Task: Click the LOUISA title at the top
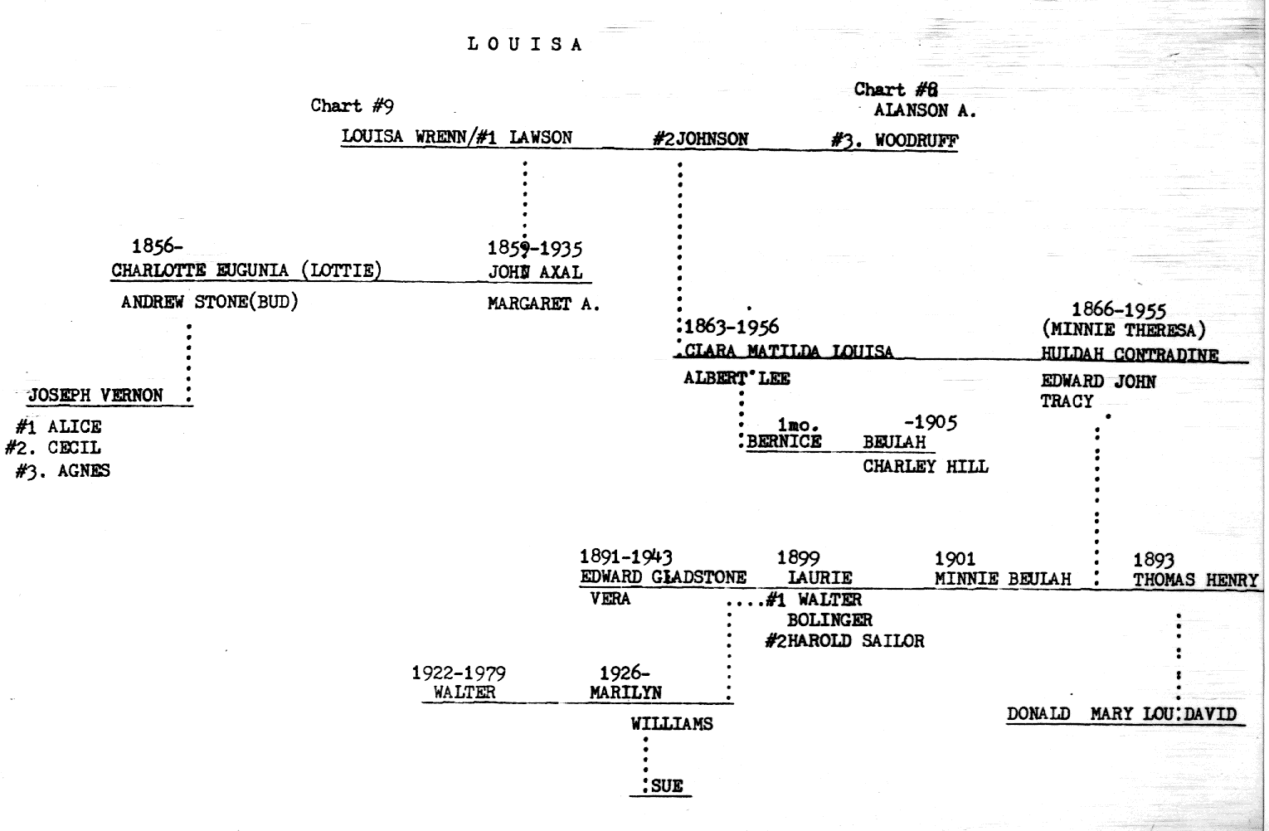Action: click(x=525, y=45)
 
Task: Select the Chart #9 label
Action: click(x=352, y=105)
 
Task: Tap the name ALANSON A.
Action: click(x=925, y=110)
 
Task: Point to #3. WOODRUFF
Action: click(x=894, y=140)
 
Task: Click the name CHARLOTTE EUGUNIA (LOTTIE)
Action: click(x=246, y=270)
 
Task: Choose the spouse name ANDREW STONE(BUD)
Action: click(x=209, y=302)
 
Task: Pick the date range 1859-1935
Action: click(x=534, y=248)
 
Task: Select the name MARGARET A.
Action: click(x=543, y=304)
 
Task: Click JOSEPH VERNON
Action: click(x=95, y=395)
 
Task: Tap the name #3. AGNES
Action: click(x=63, y=471)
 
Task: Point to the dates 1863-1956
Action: click(x=732, y=327)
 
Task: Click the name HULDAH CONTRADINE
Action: click(x=1130, y=354)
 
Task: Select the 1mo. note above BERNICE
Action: click(x=798, y=425)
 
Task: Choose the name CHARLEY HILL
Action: click(x=925, y=466)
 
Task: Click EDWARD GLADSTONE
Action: click(x=663, y=577)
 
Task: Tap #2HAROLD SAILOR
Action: click(x=844, y=640)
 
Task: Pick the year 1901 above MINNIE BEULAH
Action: click(x=955, y=559)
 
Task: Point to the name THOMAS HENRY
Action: click(x=1195, y=581)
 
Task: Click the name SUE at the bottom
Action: click(x=667, y=786)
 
